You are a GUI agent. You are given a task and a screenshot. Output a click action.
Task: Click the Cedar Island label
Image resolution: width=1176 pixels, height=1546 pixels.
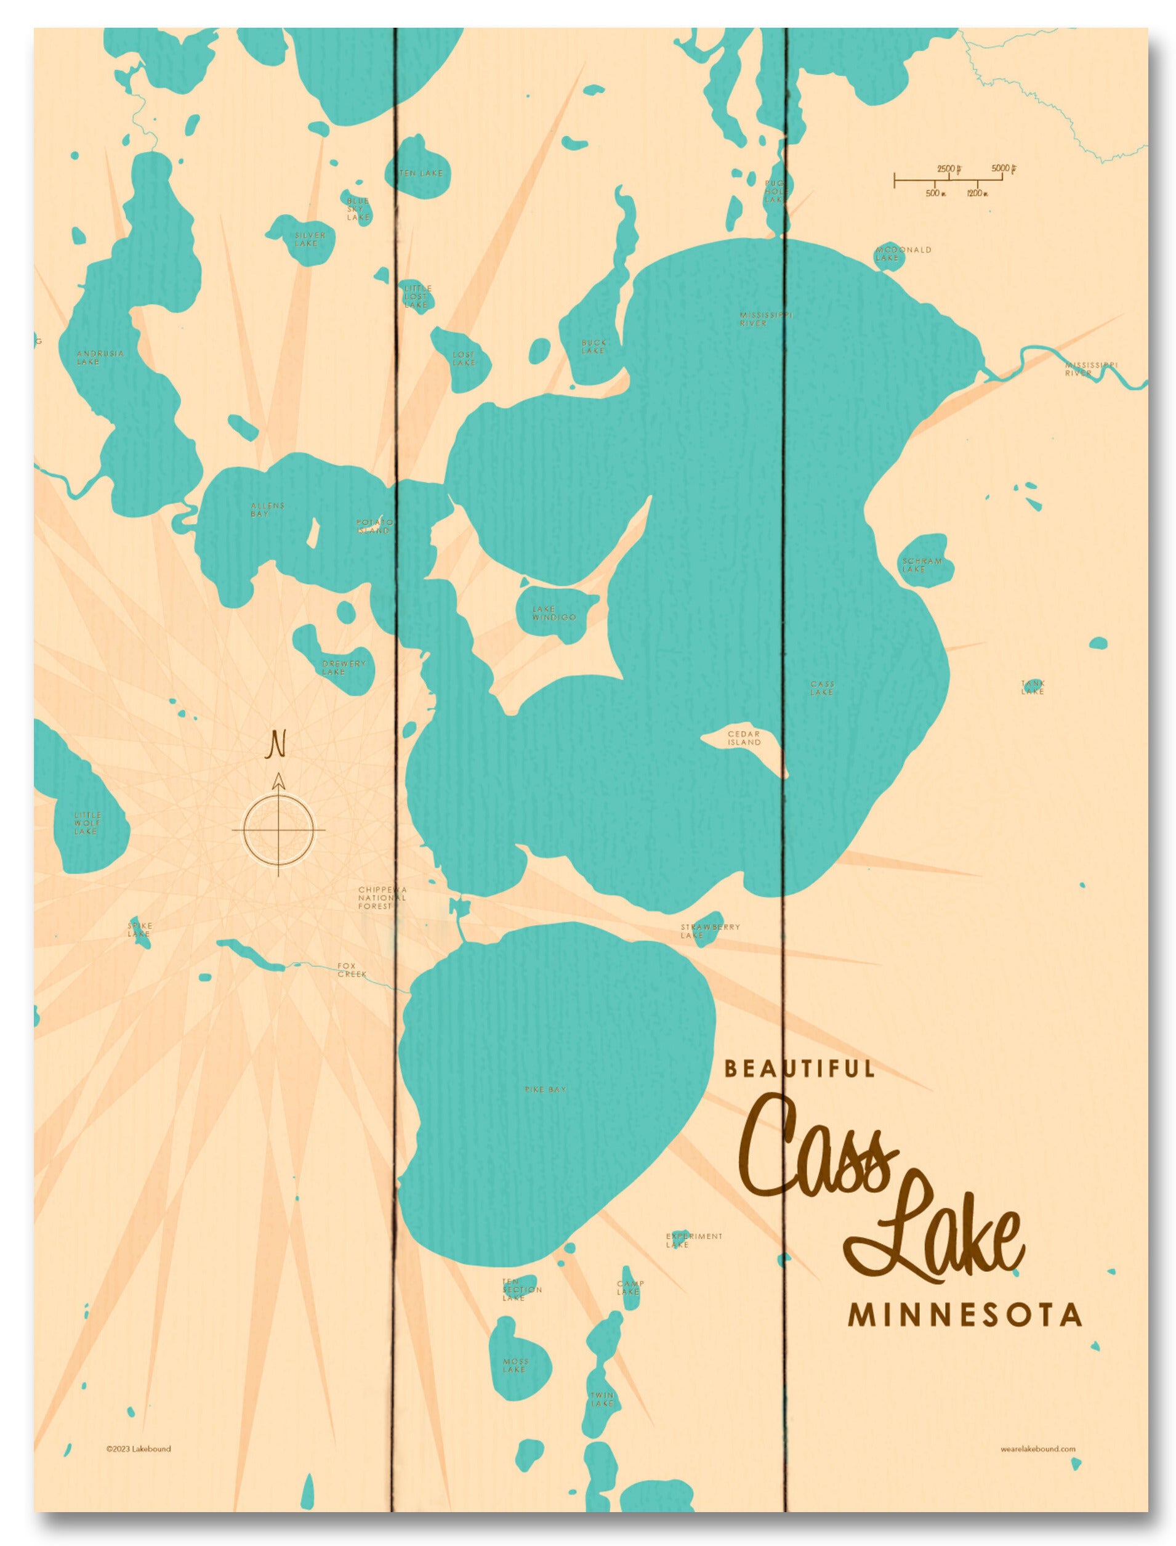[x=743, y=738]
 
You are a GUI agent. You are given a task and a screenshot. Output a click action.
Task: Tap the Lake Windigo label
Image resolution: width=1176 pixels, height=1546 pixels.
[x=554, y=613]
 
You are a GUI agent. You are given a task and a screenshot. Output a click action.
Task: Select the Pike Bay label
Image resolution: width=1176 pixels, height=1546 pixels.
[x=546, y=1090]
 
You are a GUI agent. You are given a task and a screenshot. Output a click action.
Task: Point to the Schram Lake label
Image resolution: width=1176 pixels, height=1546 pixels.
[x=922, y=565]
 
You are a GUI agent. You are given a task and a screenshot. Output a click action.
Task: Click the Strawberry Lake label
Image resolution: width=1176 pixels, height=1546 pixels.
[x=710, y=931]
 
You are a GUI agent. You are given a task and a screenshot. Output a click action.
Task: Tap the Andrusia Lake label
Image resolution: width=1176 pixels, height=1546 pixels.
[x=99, y=357]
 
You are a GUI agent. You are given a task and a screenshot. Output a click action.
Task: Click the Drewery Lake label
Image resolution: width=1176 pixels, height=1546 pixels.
[x=343, y=667]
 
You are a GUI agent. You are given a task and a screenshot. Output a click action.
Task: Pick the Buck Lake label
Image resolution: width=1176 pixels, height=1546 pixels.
[x=594, y=347]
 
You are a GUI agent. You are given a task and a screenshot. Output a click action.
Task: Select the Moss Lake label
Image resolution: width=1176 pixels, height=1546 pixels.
[x=515, y=1366]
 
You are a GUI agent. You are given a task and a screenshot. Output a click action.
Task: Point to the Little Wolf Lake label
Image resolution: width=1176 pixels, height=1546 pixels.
[x=87, y=823]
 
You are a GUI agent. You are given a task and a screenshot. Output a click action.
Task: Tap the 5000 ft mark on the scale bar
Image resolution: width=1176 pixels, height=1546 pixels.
[x=1003, y=169]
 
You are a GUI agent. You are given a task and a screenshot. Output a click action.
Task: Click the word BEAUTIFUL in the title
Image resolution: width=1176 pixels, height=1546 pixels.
[x=799, y=1069]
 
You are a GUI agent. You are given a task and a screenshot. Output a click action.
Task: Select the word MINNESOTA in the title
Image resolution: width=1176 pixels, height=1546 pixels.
[x=965, y=1315]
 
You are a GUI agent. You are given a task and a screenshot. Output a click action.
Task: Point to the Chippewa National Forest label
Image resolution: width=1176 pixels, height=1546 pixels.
[x=382, y=897]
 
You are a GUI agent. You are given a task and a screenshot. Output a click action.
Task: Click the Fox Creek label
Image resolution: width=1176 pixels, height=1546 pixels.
[x=352, y=969]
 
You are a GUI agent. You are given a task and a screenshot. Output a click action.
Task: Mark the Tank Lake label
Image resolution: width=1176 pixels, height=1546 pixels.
[x=1033, y=687]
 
